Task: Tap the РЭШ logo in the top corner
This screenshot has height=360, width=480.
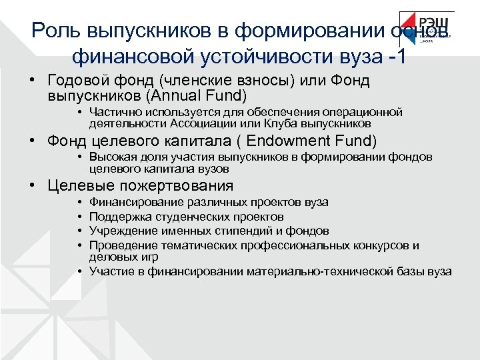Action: click(x=427, y=29)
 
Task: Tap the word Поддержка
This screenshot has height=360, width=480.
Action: click(x=116, y=217)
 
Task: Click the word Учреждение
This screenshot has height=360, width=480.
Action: click(x=117, y=231)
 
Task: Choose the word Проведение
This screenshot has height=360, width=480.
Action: click(x=118, y=245)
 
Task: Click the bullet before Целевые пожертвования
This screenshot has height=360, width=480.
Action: click(x=32, y=186)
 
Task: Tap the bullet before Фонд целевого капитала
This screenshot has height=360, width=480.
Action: click(x=32, y=141)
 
